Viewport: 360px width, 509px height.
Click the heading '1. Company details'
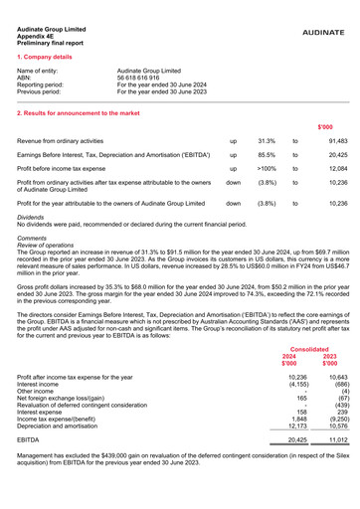[50, 58]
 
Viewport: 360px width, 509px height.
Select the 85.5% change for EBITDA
[267, 162]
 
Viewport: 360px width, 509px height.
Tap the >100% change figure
[266, 181]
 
